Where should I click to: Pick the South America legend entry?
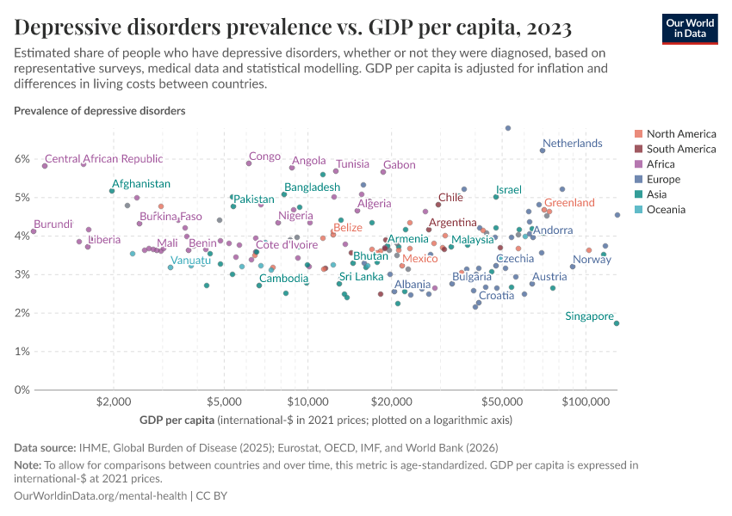[680, 149]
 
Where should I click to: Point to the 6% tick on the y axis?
[21, 159]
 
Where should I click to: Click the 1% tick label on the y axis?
[21, 352]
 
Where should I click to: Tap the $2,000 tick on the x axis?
[113, 402]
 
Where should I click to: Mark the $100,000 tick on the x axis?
[586, 402]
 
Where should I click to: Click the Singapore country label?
[589, 316]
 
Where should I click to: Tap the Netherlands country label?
[573, 143]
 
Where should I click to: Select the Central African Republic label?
[103, 158]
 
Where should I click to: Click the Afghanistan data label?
[141, 183]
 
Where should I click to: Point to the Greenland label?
[569, 203]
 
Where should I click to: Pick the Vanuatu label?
[190, 261]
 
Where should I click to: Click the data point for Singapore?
[617, 323]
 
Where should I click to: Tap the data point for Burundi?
[34, 231]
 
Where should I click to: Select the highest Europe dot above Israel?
[508, 128]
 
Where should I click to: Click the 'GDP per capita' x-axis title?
[177, 421]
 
